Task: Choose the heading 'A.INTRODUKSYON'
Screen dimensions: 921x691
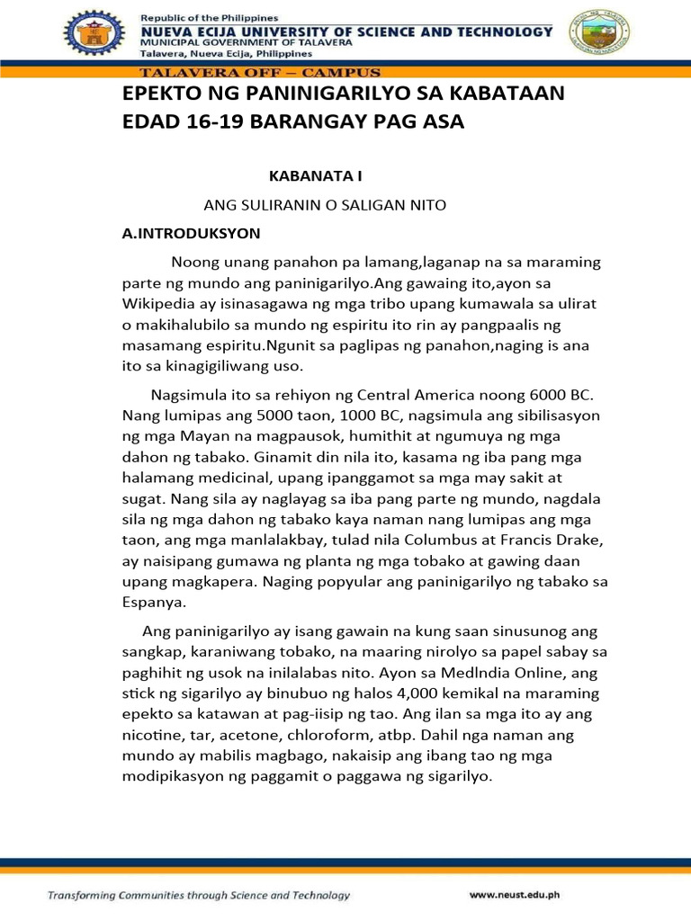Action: [191, 234]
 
